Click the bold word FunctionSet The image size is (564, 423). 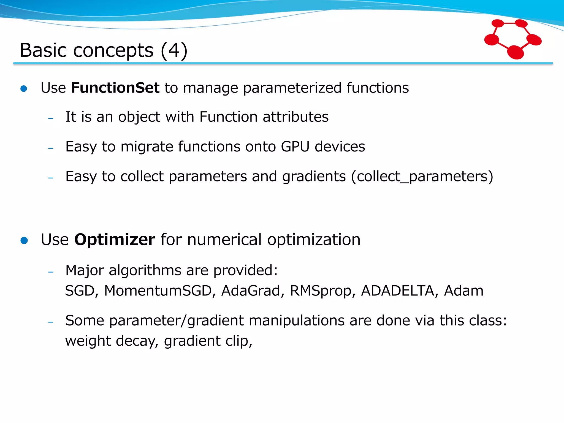(115, 88)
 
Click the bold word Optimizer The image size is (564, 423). (115, 239)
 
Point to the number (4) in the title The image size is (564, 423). (174, 50)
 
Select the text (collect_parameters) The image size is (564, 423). (422, 176)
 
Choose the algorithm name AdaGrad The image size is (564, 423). (250, 291)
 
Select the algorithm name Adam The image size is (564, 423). (463, 291)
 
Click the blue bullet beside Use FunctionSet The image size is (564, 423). (24, 89)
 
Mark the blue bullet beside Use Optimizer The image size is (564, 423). (24, 240)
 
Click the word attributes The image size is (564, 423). (295, 117)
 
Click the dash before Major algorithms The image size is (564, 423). (51, 272)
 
